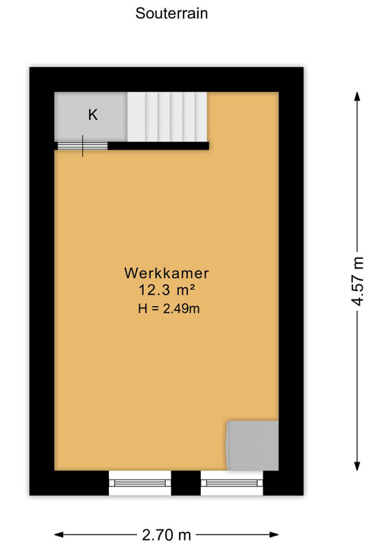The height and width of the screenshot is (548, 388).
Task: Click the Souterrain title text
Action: point(171,13)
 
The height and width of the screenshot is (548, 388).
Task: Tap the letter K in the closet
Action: point(93,114)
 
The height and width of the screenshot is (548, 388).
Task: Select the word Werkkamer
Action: point(167,273)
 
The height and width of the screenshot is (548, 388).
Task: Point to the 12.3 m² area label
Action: point(167,290)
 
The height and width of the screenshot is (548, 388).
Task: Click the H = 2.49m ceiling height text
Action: point(169,309)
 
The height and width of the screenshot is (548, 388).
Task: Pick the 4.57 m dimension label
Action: point(358,282)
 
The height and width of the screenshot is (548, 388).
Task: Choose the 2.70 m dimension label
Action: point(167,535)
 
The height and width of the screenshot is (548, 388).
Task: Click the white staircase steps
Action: point(167,116)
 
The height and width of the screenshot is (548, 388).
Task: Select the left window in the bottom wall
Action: point(140,483)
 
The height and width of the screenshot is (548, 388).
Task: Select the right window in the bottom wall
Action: point(232,483)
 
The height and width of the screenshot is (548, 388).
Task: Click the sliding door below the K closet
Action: point(82,146)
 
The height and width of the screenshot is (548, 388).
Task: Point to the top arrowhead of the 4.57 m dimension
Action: point(357,97)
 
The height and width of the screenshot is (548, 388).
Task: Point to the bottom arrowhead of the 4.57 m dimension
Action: point(357,466)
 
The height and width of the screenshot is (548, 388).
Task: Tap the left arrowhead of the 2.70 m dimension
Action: point(59,535)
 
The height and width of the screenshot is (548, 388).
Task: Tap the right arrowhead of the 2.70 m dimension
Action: point(274,535)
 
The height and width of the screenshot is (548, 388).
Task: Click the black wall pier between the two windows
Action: point(186,483)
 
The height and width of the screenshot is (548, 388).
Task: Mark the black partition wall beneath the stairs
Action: point(158,146)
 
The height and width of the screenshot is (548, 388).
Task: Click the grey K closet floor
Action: point(90,116)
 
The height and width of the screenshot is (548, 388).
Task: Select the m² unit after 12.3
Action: point(186,290)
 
